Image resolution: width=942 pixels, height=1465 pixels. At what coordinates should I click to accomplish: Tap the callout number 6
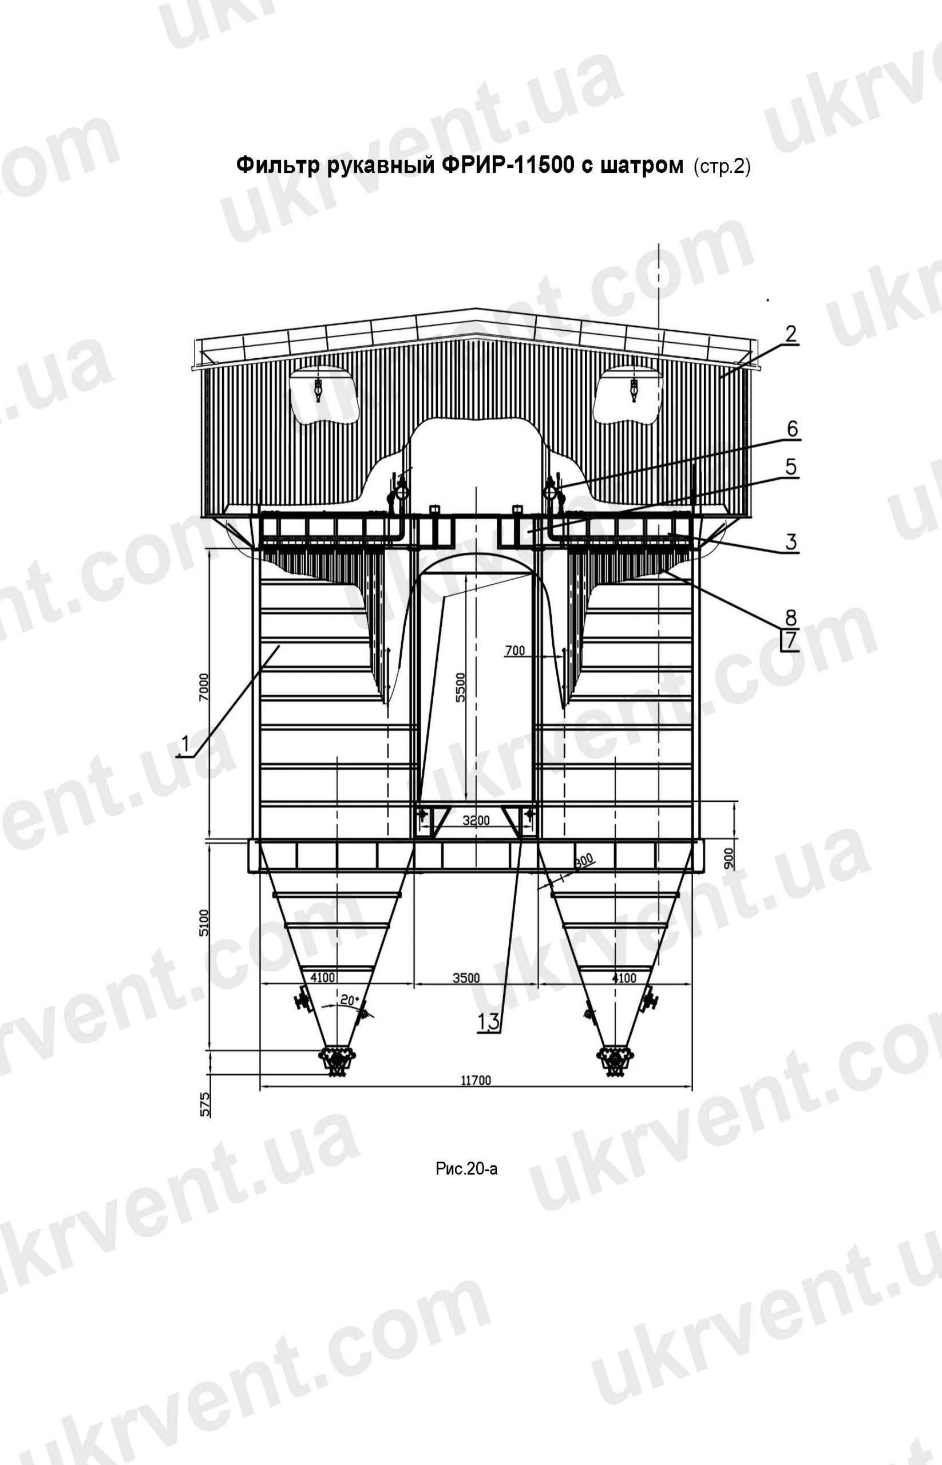(x=791, y=429)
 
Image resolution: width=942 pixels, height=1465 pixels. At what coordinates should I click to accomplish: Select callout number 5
(x=790, y=468)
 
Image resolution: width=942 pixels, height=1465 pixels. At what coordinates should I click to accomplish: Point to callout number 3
(x=791, y=542)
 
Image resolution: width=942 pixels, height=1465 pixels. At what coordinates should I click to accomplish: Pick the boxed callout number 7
(x=790, y=640)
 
